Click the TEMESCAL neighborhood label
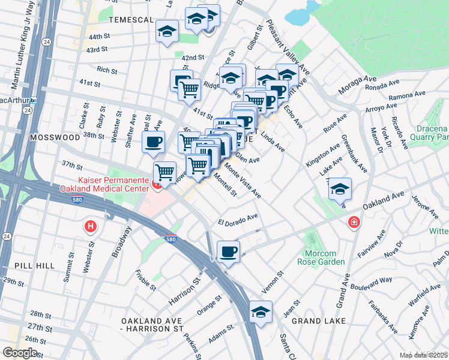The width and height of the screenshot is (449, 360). click(131, 20)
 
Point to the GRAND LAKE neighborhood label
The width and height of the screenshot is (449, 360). click(318, 321)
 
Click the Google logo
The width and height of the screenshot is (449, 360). click(20, 352)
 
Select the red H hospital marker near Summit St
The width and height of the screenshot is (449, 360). click(90, 226)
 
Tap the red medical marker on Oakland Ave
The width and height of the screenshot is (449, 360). click(354, 223)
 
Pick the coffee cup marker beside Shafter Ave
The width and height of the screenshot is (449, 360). click(152, 142)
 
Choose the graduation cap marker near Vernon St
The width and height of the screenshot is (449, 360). click(261, 311)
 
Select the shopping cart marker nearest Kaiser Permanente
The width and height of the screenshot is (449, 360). click(164, 172)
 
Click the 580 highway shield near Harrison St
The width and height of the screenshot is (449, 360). click(171, 239)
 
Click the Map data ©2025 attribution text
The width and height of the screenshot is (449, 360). click(423, 355)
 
